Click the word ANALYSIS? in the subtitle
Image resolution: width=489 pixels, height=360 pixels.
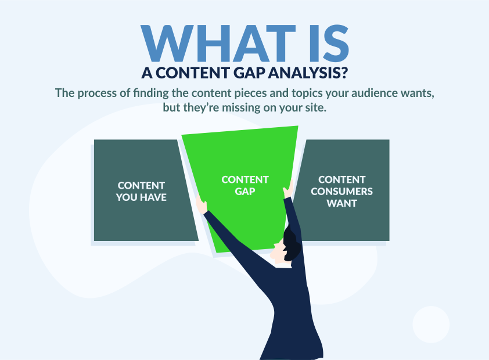tap(307, 73)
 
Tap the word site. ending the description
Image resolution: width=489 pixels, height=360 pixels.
tap(317, 107)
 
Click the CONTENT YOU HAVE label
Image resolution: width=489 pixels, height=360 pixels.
tap(141, 192)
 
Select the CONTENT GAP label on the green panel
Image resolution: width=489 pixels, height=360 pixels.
tap(245, 185)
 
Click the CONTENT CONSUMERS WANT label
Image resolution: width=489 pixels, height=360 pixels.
tap(342, 192)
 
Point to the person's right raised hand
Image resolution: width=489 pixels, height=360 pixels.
tap(289, 189)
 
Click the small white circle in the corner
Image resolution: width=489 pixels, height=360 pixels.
tap(431, 325)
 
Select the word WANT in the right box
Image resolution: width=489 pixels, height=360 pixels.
tap(342, 203)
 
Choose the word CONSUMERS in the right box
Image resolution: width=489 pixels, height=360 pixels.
tap(342, 192)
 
